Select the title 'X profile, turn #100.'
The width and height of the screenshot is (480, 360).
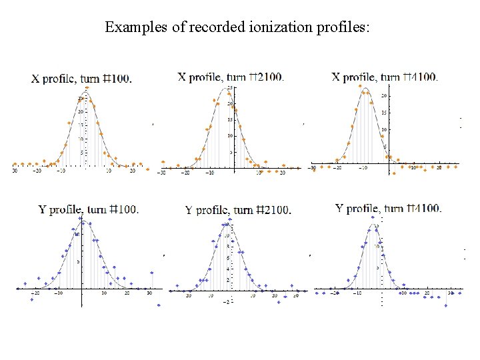[x=82, y=79]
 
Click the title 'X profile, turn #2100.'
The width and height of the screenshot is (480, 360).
[x=231, y=76]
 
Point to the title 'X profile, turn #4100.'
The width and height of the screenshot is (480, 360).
[x=385, y=77]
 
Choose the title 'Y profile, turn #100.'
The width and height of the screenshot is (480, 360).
[x=89, y=209]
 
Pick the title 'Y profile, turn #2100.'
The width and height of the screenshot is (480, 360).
[x=238, y=210]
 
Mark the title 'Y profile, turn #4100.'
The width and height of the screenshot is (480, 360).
[x=388, y=209]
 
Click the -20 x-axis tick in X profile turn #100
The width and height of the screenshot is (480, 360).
[x=37, y=171]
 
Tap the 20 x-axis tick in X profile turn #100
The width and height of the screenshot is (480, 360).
[x=133, y=171]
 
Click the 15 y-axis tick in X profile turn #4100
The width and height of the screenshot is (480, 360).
[x=384, y=113]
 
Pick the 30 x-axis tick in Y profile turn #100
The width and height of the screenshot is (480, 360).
[x=150, y=293]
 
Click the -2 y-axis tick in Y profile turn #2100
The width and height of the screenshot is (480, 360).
[x=225, y=302]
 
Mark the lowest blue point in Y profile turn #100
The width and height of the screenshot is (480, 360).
[x=159, y=305]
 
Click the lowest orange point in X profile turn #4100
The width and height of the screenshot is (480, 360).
[x=393, y=173]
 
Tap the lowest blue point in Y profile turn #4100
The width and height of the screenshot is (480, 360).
[x=445, y=305]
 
